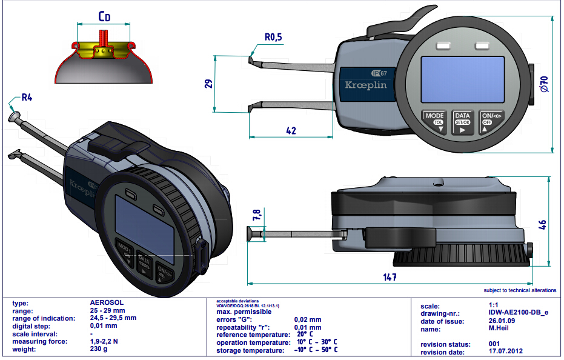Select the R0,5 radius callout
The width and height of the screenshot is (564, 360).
(273, 37)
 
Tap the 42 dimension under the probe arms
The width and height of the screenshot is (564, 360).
(291, 130)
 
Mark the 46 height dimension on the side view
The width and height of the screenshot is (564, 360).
(543, 223)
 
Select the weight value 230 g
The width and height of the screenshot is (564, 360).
(99, 350)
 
